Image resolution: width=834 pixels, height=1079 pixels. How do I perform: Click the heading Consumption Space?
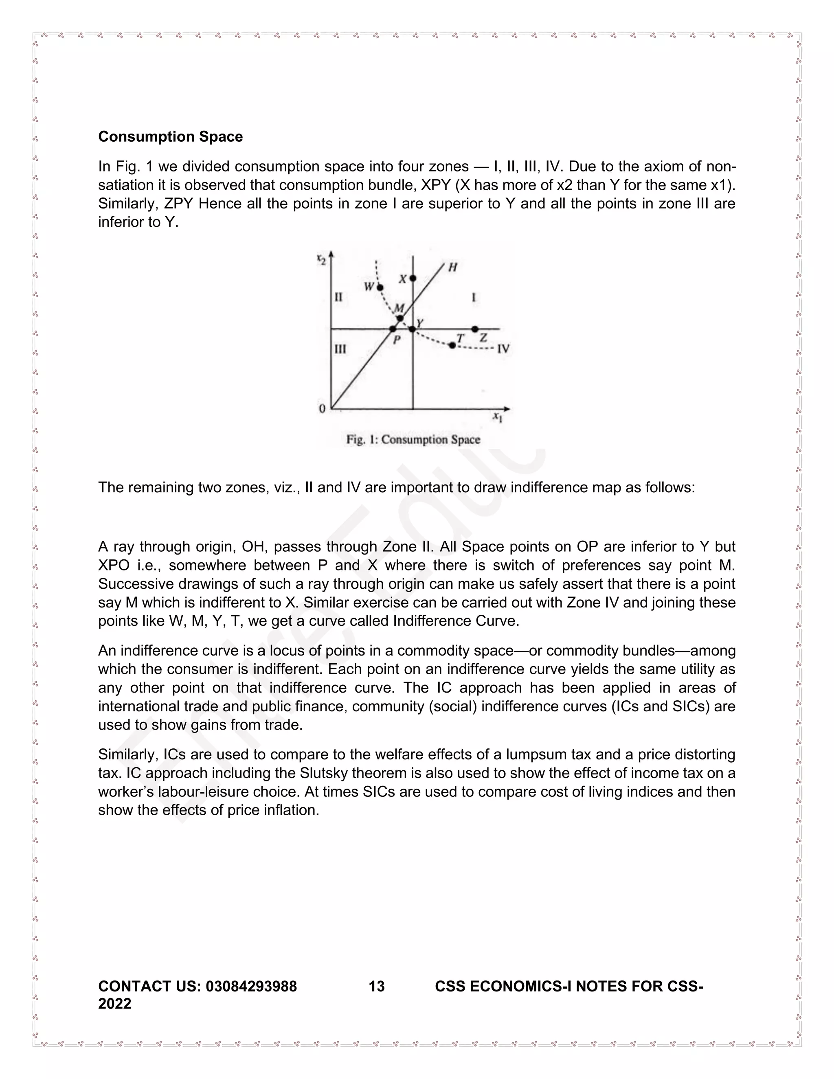point(171,137)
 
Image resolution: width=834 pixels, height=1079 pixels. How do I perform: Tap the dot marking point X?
point(413,279)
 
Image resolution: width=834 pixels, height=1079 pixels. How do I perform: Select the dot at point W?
point(380,287)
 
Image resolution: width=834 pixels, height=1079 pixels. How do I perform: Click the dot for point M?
point(400,318)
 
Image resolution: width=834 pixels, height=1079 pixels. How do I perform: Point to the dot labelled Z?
point(475,329)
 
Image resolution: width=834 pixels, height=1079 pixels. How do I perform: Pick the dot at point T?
point(452,345)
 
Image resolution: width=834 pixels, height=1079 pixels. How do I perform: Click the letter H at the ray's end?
point(452,267)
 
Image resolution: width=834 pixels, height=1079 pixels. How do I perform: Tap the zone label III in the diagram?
point(340,349)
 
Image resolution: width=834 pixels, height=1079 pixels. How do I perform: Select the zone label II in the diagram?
point(338,297)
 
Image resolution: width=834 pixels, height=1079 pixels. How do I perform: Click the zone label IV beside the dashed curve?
point(503,349)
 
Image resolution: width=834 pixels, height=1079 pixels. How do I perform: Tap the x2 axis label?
point(321,259)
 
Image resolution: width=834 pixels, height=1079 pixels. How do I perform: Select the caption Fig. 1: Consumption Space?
point(413,440)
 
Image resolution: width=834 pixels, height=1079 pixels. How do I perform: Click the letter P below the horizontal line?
point(396,340)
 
